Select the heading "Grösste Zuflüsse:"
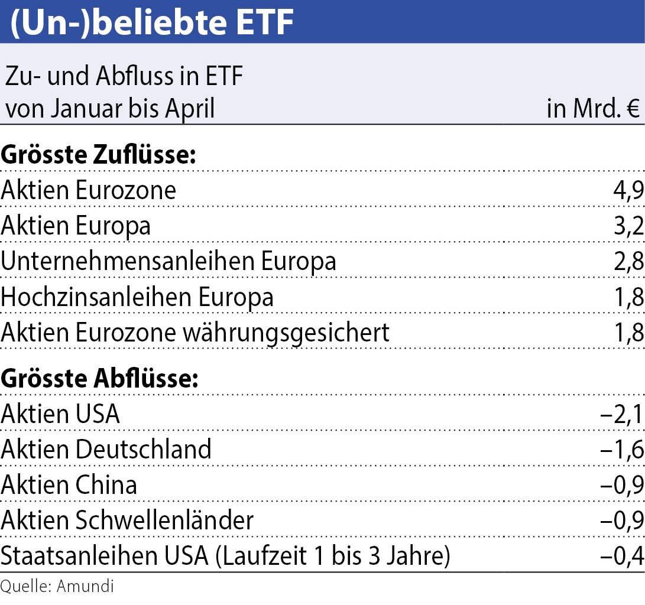pos(98,155)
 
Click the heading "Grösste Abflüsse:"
pos(99,379)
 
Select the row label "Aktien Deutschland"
pos(106,450)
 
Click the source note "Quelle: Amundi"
pos(57,587)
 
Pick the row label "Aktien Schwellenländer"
pos(127,521)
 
